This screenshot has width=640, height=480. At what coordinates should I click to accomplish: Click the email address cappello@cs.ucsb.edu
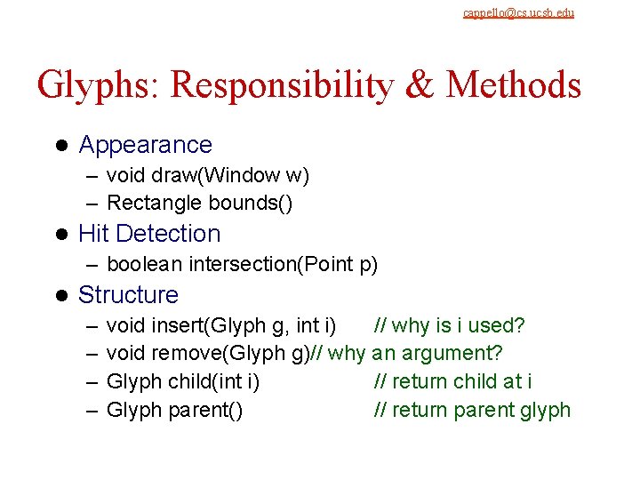(518, 12)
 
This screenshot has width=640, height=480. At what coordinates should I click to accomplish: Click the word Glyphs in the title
(99, 85)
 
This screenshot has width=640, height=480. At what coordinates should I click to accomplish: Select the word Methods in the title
(514, 85)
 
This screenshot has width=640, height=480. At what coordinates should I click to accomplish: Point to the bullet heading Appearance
(146, 145)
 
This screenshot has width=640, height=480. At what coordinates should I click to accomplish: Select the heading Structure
(128, 295)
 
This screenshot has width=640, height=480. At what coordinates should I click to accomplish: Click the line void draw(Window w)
(207, 175)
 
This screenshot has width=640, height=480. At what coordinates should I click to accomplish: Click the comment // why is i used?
(449, 325)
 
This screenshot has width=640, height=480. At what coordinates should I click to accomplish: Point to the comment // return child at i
(452, 381)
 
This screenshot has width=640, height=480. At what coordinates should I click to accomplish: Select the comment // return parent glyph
(471, 410)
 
